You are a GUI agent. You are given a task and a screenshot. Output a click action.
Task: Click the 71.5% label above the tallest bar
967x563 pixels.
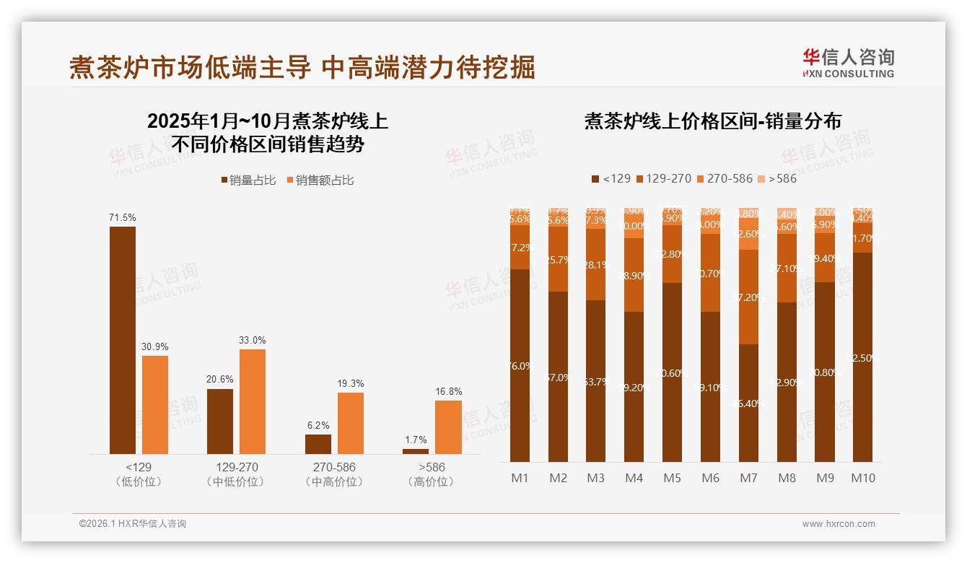click(x=122, y=217)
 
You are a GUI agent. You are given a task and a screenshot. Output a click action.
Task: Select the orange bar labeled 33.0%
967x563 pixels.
click(x=252, y=401)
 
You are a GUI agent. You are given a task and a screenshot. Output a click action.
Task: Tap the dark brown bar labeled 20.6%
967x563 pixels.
click(x=220, y=421)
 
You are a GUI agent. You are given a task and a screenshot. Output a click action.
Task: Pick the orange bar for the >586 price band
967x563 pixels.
click(x=447, y=427)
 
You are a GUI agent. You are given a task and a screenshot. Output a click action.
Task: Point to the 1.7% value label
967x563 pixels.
click(x=416, y=440)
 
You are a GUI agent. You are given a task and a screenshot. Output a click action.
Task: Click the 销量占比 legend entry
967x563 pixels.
click(x=248, y=180)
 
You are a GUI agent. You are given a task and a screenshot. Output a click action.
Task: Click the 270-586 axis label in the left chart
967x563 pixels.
click(x=333, y=467)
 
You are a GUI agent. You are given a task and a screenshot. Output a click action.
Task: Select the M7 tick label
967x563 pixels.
click(x=748, y=478)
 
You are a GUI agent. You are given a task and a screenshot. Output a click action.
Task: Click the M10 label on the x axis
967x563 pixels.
click(x=862, y=478)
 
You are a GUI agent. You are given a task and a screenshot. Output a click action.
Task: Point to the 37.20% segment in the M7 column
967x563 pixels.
click(x=748, y=297)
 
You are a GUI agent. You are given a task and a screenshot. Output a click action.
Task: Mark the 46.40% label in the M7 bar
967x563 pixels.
click(x=748, y=403)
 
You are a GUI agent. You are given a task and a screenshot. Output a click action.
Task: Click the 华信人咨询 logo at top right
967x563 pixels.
click(x=848, y=63)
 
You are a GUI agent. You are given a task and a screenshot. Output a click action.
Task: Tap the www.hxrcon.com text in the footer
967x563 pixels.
click(x=838, y=523)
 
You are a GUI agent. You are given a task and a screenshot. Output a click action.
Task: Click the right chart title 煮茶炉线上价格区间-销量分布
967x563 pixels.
click(x=712, y=121)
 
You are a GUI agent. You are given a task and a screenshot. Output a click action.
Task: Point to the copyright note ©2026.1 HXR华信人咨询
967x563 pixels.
click(x=132, y=523)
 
